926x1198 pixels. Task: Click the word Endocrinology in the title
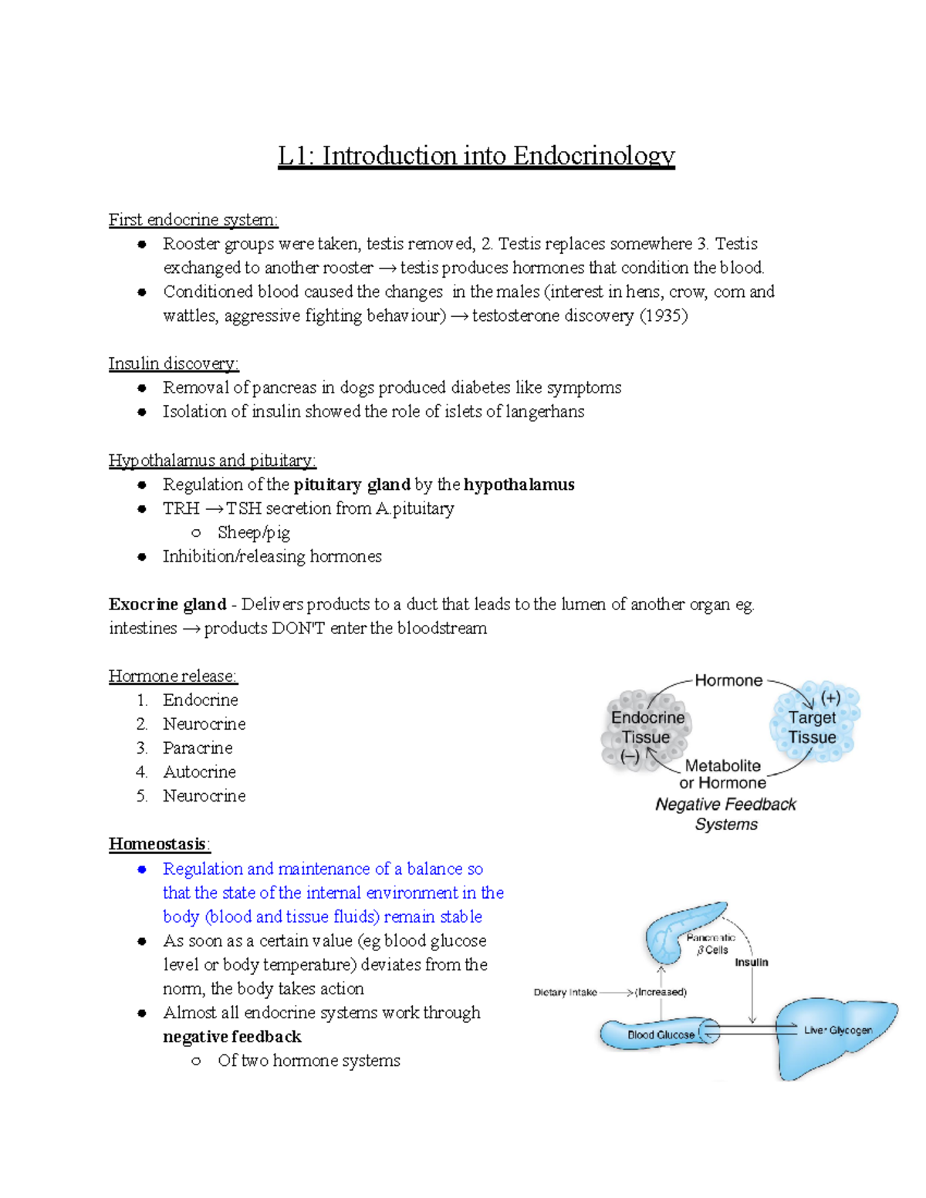click(x=593, y=156)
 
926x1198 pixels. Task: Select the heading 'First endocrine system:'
click(x=193, y=220)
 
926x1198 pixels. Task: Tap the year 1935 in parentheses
click(x=663, y=316)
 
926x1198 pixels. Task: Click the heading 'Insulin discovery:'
click(x=174, y=363)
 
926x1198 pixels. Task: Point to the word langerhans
click(x=545, y=411)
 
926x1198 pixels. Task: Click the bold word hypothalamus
click(x=519, y=484)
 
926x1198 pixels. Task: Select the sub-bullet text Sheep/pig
click(x=254, y=532)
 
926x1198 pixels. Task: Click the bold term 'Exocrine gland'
click(x=167, y=604)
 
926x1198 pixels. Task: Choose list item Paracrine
click(x=198, y=747)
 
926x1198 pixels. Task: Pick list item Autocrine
click(x=199, y=771)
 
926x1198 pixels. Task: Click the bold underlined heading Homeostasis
click(x=157, y=844)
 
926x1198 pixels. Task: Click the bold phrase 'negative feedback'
click(x=232, y=1036)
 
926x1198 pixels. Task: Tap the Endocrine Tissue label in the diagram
click(x=647, y=727)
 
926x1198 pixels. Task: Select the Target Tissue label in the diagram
click(x=812, y=727)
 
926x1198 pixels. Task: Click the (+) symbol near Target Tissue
click(x=830, y=698)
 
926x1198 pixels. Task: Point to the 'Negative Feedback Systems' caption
click(x=725, y=814)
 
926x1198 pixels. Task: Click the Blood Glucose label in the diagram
click(x=661, y=1034)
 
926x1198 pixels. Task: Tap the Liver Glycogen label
click(x=838, y=1030)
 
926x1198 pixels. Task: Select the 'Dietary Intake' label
click(x=565, y=992)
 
